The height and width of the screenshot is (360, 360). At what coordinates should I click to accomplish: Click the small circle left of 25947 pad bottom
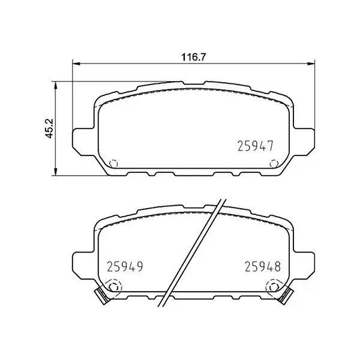115,163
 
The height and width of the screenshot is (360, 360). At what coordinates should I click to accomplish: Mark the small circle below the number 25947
274,163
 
